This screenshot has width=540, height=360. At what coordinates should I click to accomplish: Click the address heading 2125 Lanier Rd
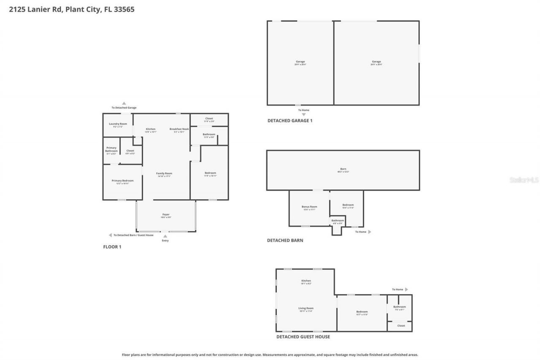[72, 9]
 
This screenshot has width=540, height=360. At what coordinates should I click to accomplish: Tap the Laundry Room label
[118, 124]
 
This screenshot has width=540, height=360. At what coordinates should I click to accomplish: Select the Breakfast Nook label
[179, 129]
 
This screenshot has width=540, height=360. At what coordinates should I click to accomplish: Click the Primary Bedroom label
[122, 181]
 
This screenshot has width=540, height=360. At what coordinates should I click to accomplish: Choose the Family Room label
[164, 173]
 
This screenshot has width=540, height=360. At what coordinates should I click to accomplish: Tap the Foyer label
[166, 215]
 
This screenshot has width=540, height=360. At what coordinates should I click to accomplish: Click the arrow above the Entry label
[165, 236]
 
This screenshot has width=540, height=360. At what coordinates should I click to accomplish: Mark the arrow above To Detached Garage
[124, 103]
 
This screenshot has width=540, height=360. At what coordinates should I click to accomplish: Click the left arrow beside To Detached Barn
[110, 235]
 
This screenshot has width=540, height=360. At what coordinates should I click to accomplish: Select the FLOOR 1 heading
[112, 247]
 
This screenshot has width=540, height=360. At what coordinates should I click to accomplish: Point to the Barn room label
[343, 169]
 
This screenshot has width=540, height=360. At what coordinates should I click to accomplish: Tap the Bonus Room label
[309, 207]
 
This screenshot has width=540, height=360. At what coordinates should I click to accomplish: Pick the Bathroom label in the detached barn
[337, 221]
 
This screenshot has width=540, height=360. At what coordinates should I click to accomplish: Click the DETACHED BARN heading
[285, 241]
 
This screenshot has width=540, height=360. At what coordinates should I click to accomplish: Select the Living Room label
[306, 309]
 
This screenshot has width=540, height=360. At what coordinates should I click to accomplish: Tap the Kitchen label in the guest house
[306, 281]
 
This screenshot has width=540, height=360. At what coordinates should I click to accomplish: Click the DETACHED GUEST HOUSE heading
[303, 337]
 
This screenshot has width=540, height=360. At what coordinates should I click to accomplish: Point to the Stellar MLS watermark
[524, 180]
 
